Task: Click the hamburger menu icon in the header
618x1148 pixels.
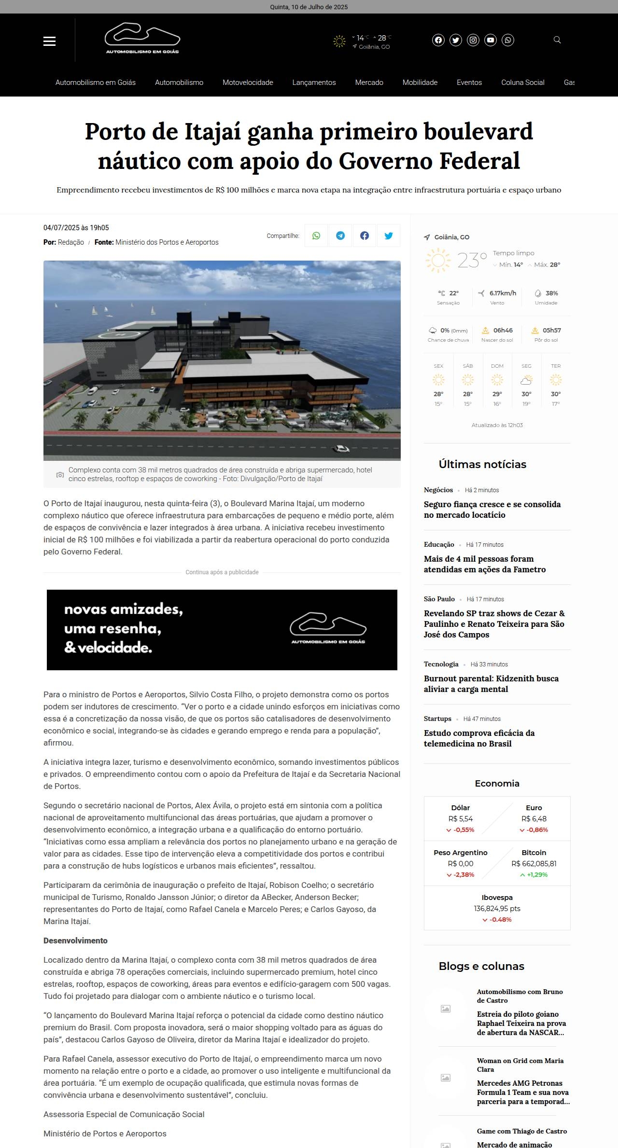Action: click(x=49, y=41)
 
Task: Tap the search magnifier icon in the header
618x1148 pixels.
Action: click(x=557, y=40)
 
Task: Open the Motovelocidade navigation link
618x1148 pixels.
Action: click(x=248, y=83)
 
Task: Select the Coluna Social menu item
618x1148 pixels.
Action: click(x=522, y=83)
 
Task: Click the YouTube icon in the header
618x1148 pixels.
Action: click(x=491, y=40)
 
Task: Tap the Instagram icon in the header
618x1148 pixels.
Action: click(x=473, y=40)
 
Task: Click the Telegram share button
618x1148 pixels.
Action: click(x=340, y=235)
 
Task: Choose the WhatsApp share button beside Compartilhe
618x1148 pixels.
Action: click(x=316, y=235)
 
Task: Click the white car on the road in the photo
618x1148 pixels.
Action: click(x=341, y=449)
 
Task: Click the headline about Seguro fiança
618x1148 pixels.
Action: click(x=492, y=510)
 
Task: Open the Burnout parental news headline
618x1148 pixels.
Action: click(x=491, y=684)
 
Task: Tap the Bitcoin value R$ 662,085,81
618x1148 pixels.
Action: click(x=534, y=863)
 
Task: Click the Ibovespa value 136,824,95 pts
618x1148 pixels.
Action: click(x=497, y=908)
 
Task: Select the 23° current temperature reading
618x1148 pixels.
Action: click(x=472, y=261)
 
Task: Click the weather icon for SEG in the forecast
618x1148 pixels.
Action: click(x=526, y=380)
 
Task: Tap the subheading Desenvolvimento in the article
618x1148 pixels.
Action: click(x=75, y=941)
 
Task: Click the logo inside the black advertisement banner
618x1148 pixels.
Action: click(x=328, y=629)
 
